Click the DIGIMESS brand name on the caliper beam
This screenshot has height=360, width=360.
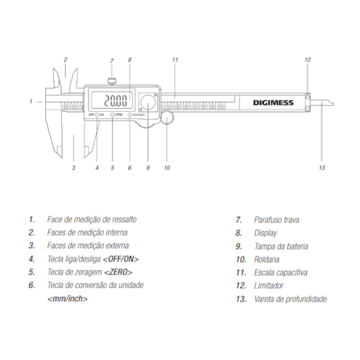[273, 103]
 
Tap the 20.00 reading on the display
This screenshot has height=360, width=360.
[116, 100]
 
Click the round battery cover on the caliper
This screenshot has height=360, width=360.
[148, 103]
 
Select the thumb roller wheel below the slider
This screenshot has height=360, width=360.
[167, 117]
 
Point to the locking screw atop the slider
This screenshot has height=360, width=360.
[112, 81]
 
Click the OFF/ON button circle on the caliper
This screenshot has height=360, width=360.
[97, 114]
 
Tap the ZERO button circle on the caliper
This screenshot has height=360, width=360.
[113, 114]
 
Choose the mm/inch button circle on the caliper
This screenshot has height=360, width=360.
[130, 114]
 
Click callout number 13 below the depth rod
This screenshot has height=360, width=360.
[322, 167]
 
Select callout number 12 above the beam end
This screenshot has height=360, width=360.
[308, 59]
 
